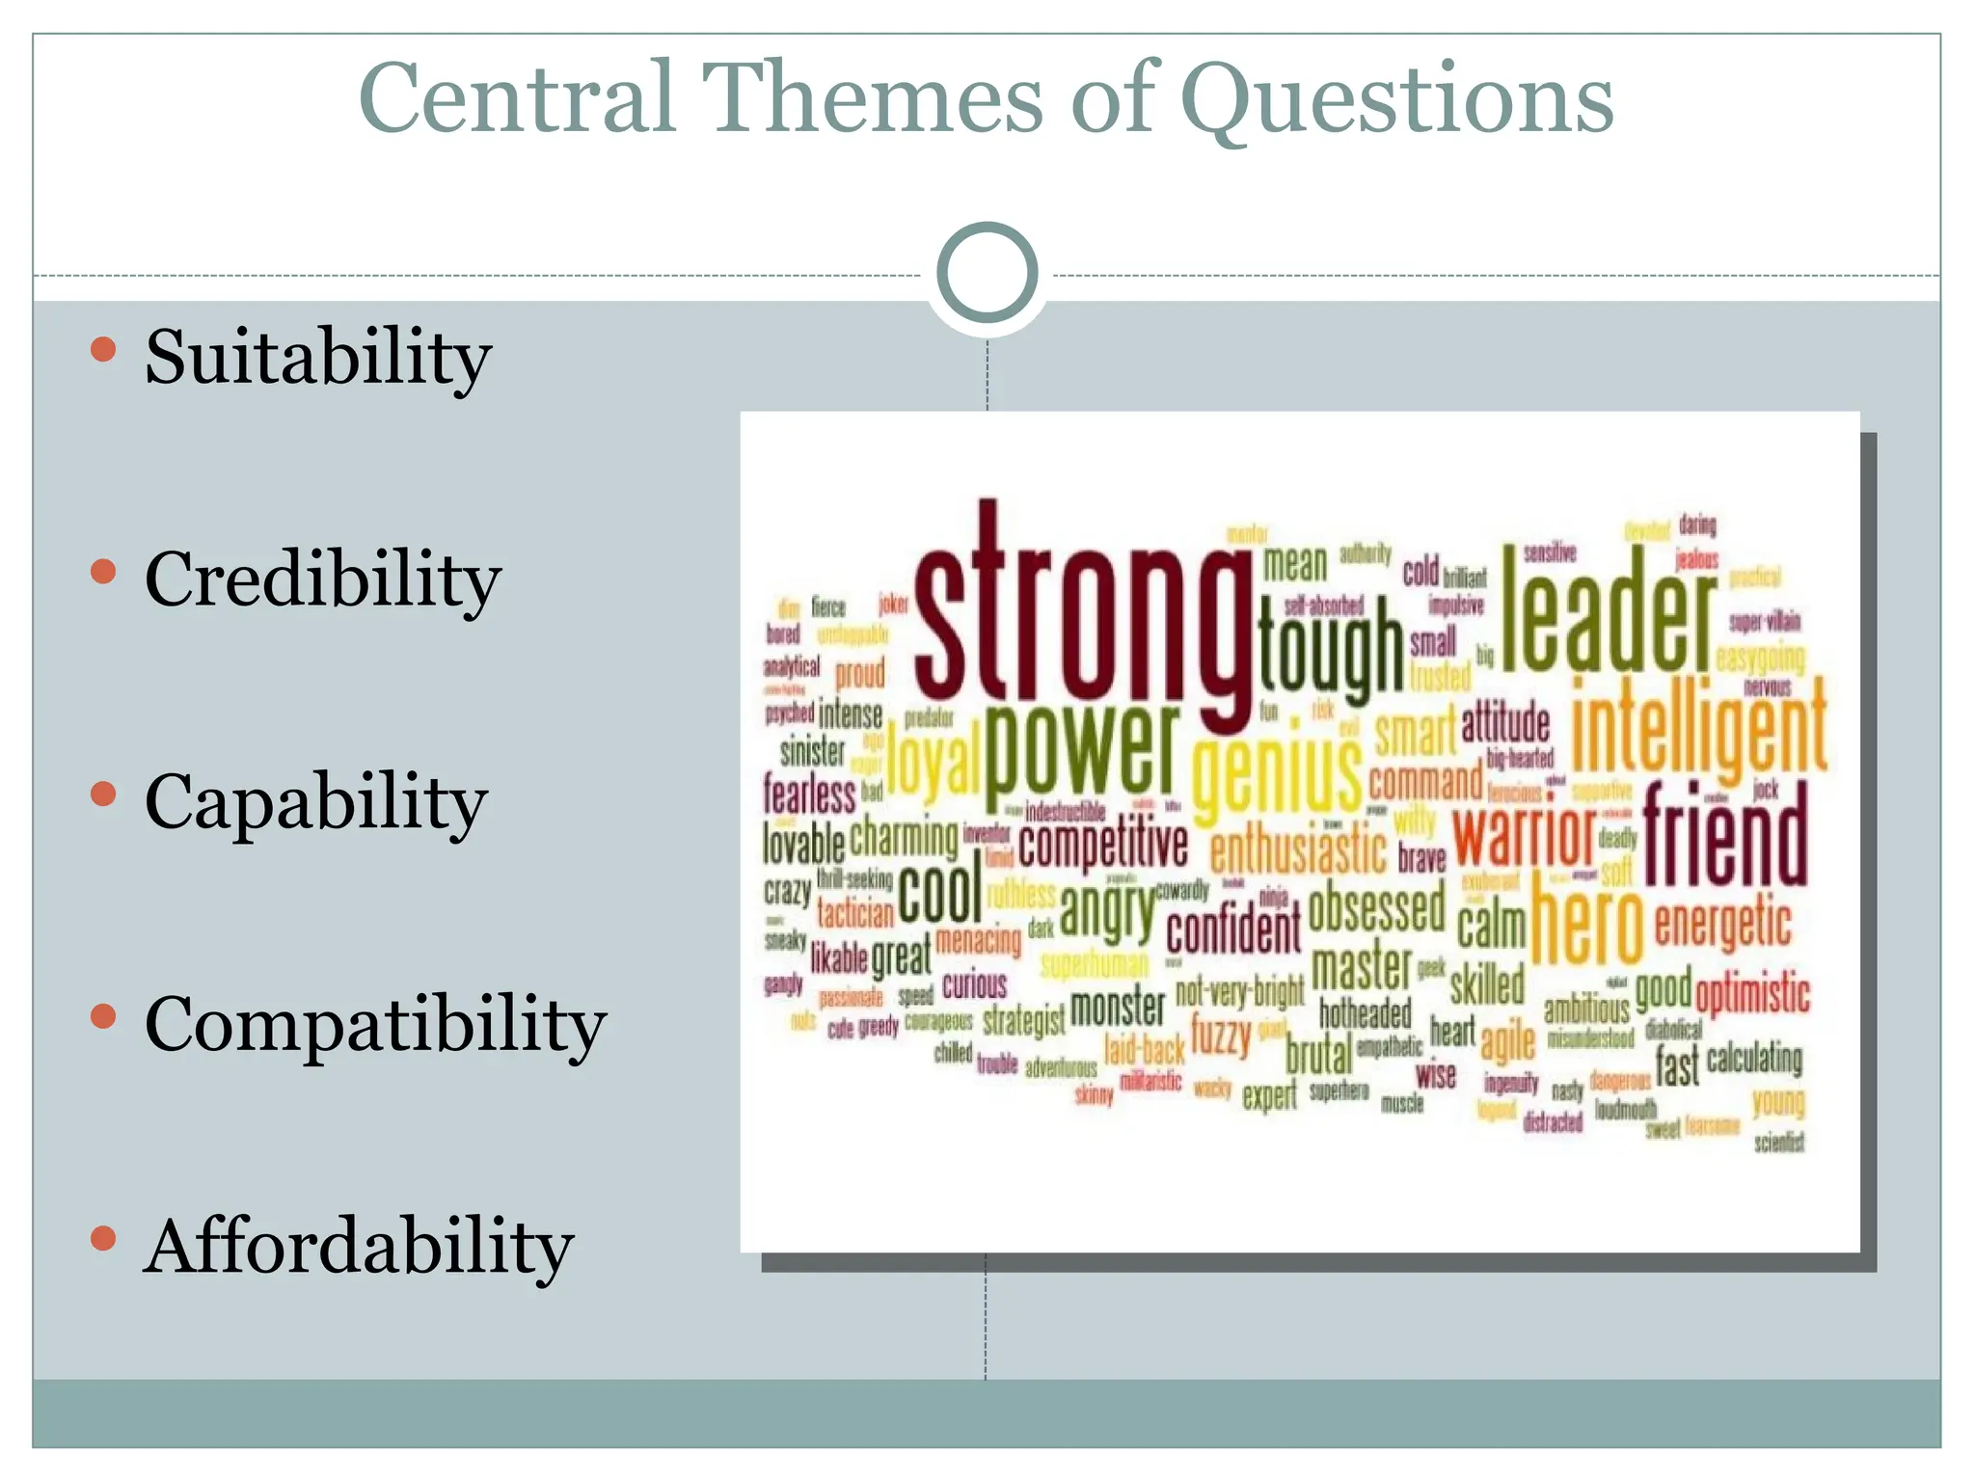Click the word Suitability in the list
click(x=318, y=357)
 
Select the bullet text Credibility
click(x=323, y=579)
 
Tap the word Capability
click(x=315, y=802)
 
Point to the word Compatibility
click(x=375, y=1024)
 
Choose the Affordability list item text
click(x=359, y=1246)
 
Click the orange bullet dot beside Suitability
click(x=103, y=349)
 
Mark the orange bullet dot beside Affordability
click(x=103, y=1238)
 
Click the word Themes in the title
click(x=872, y=97)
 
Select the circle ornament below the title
click(x=987, y=273)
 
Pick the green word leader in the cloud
click(x=1609, y=612)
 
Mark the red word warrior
click(x=1524, y=835)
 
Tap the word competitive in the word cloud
click(x=1102, y=845)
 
